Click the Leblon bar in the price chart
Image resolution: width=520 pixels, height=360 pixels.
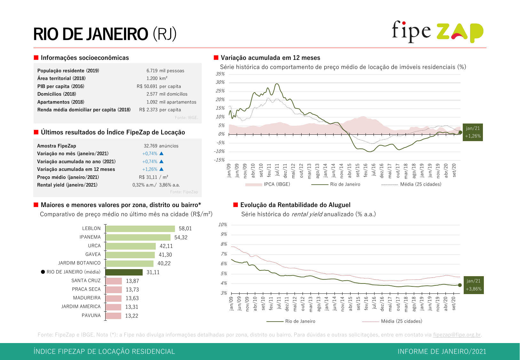tap(140, 228)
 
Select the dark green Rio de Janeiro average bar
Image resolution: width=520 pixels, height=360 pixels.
tap(124, 272)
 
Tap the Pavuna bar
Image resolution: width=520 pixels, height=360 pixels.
tap(113, 316)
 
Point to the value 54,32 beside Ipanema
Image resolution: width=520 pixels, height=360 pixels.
tap(181, 237)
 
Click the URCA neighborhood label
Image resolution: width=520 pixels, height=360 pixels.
tap(94, 246)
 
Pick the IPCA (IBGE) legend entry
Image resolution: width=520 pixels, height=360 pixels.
tap(268, 184)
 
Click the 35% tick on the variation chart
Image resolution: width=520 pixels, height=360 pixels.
tap(220, 74)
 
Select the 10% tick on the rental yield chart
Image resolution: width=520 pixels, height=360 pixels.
tap(223, 225)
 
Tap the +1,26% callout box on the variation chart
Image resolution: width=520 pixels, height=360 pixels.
tap(473, 132)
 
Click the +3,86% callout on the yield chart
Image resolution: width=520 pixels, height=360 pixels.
tap(474, 285)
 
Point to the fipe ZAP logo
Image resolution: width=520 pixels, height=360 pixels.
tap(437, 32)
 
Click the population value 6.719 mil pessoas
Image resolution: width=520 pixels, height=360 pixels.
tap(165, 71)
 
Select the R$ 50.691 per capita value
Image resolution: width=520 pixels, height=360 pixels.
tap(159, 86)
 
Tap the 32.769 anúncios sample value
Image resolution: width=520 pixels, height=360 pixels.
tap(161, 146)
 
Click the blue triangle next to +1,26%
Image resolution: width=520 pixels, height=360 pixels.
tap(162, 169)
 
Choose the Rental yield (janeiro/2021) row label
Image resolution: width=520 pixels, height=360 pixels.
tap(67, 185)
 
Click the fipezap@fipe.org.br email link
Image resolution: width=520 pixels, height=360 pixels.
tap(457, 335)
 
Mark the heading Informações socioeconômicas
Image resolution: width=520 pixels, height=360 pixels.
tap(85, 58)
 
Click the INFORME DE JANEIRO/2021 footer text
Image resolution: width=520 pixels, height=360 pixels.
tap(442, 351)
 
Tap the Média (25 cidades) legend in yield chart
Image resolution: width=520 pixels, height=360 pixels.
tap(401, 321)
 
